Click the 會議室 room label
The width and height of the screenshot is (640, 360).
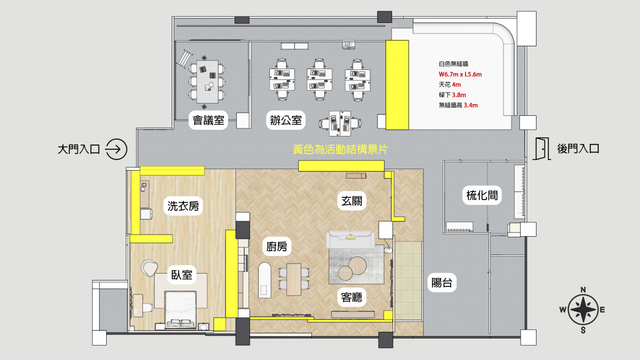[x=209, y=121]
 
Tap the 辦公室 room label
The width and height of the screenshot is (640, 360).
[x=286, y=121]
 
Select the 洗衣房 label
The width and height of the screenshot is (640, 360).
[x=183, y=206]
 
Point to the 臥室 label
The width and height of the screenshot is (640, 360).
[x=181, y=275]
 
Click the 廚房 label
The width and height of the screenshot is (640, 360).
[x=277, y=246]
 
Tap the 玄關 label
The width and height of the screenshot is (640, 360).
[x=351, y=201]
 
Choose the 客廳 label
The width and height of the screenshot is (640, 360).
[x=351, y=298]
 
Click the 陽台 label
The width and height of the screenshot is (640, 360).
[x=442, y=283]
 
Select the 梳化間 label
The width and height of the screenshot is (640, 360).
[x=482, y=195]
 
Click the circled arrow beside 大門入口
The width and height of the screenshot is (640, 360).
[x=116, y=149]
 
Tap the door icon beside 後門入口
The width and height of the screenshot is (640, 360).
[x=541, y=149]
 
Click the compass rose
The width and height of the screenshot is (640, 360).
[x=583, y=310]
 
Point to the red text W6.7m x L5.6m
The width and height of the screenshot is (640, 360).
[x=460, y=75]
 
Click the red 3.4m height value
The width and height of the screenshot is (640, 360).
[x=470, y=105]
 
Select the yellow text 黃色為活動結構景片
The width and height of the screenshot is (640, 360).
[x=340, y=149]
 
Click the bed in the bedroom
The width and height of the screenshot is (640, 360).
[x=180, y=310]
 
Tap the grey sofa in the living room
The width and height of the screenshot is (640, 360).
[x=350, y=240]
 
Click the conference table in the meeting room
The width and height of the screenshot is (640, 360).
[x=207, y=82]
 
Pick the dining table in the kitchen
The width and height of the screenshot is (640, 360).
[x=294, y=279]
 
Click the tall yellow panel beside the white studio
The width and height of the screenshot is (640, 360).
[x=397, y=85]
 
